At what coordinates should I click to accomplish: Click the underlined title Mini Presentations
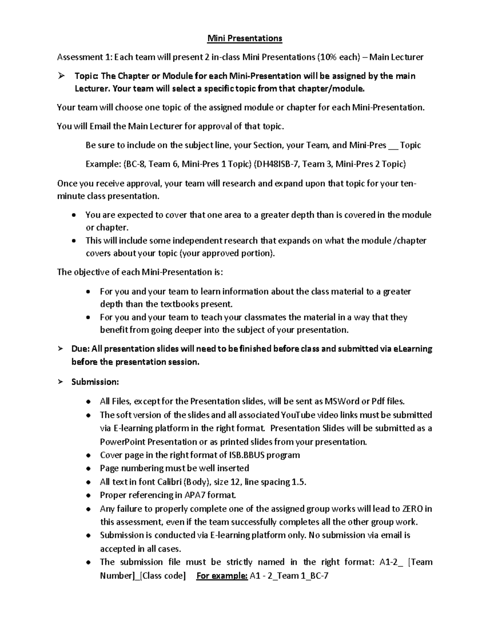pos(245,38)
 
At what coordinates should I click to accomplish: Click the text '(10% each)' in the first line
pos(339,57)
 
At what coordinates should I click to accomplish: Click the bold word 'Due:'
pos(80,349)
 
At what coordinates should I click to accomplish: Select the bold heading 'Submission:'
pos(95,382)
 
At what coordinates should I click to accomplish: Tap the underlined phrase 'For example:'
pos(222,576)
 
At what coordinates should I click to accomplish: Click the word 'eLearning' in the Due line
pos(413,349)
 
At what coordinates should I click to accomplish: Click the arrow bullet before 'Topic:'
pos(62,76)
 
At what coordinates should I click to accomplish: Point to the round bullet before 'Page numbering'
pos(88,469)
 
